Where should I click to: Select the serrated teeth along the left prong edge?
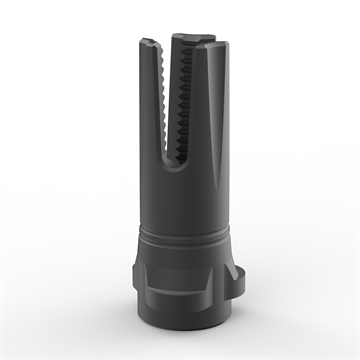click(x=164, y=100)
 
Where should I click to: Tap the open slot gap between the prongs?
click(x=173, y=120)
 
